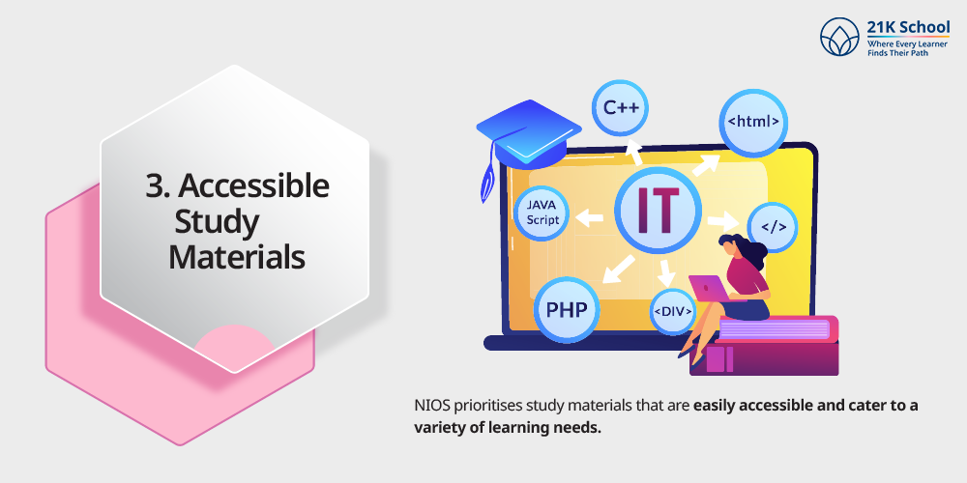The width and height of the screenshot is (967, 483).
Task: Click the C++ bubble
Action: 619,108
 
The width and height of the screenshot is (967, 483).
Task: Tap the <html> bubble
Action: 753,122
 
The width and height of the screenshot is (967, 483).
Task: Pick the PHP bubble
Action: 567,309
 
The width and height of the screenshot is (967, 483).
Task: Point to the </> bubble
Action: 773,227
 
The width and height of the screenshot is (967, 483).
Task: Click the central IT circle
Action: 658,211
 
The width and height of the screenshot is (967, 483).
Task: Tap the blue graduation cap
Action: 529,133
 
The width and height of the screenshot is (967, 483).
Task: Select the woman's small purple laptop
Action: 708,288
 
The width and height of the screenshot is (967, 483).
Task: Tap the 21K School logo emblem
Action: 839,37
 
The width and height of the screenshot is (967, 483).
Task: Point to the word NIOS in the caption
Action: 431,407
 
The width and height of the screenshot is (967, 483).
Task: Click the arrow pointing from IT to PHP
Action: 619,270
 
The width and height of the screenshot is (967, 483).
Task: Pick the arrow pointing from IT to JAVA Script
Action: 589,216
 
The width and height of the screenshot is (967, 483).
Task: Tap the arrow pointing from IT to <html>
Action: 706,164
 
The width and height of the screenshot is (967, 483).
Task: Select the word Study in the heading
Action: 217,222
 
